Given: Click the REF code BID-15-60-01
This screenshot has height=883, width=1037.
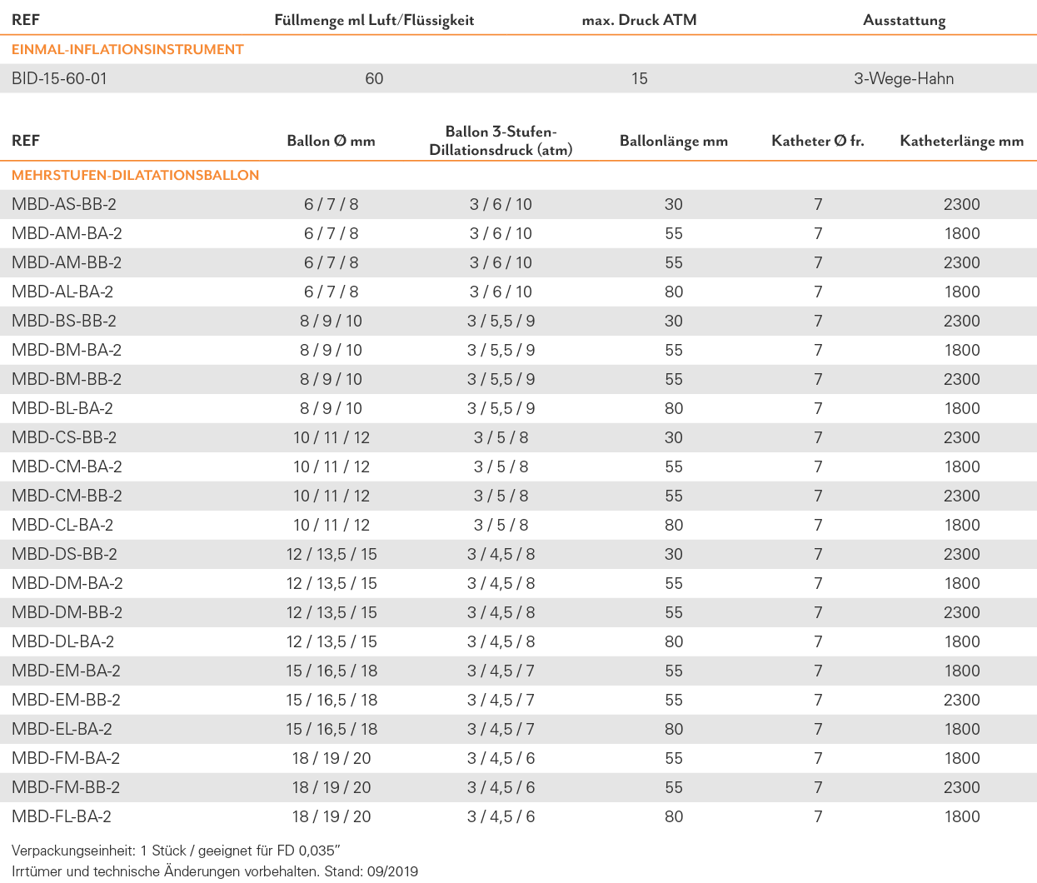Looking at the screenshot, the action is (x=59, y=78).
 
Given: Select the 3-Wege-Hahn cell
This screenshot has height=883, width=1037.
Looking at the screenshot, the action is (x=904, y=78).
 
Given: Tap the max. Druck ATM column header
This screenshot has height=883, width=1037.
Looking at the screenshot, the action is (x=639, y=20).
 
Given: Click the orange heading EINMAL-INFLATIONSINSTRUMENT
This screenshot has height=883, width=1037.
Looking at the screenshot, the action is (x=127, y=49).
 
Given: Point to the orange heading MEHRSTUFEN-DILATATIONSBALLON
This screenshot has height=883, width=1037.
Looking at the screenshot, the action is (x=136, y=175).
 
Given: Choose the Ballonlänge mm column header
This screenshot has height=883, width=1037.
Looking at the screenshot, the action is (x=674, y=141).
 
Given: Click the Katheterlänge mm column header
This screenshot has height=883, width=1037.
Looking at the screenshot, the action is (x=962, y=141).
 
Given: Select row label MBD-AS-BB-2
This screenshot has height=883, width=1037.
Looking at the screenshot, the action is (x=63, y=204).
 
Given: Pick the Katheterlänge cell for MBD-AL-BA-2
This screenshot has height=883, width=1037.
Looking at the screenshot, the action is (x=962, y=292).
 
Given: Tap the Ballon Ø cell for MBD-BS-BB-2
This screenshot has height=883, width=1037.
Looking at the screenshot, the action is (x=332, y=321).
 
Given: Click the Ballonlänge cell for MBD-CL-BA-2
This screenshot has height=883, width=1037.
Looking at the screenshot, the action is (x=674, y=525).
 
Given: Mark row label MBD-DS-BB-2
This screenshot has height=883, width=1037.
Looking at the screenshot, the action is (x=64, y=554).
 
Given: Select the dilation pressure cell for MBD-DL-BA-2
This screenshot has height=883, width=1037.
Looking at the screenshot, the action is (x=501, y=641).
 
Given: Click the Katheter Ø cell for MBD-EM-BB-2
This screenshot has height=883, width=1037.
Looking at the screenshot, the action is (x=818, y=700).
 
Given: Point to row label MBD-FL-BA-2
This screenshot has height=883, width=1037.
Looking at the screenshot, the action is (x=61, y=816).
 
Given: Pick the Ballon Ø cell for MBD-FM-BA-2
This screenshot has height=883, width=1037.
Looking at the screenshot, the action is (x=332, y=758).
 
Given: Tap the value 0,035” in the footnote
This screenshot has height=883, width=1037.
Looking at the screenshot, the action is (x=320, y=851).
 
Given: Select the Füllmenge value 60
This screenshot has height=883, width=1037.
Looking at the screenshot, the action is (x=374, y=78).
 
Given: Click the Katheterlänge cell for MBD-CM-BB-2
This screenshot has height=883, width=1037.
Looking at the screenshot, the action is (x=962, y=496).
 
